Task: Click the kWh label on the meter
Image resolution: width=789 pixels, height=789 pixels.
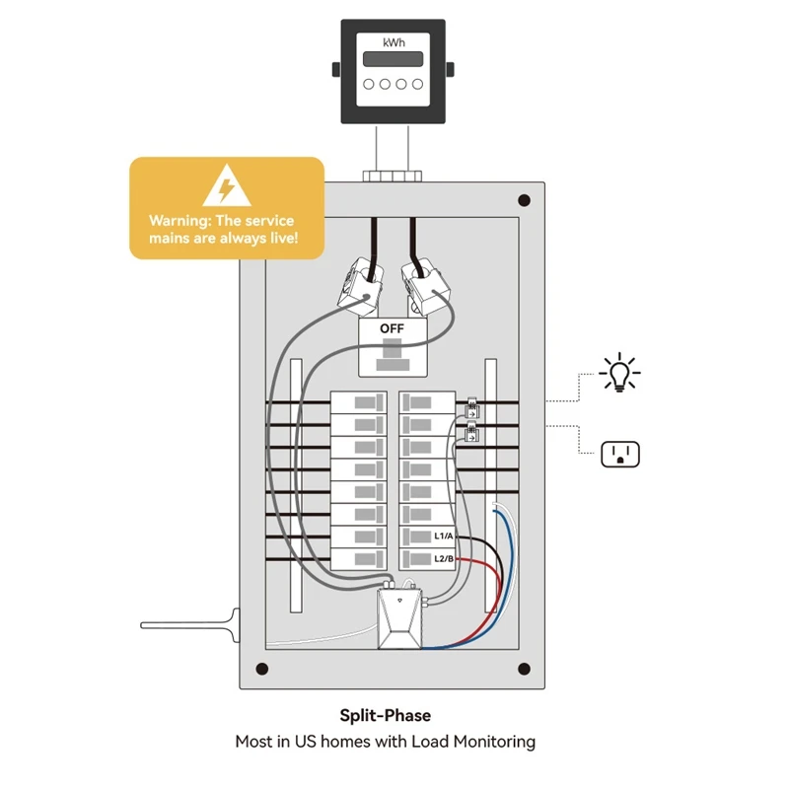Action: click(394, 41)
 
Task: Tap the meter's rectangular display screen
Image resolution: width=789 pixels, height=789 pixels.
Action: click(394, 58)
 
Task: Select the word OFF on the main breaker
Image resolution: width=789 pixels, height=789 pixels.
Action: click(392, 327)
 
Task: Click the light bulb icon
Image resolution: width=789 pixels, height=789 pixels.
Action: click(619, 374)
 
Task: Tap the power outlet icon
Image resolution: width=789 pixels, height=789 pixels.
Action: click(620, 454)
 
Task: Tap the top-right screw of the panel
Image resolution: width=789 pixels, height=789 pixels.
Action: click(524, 200)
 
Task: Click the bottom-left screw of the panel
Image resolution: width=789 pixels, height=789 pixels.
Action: click(261, 670)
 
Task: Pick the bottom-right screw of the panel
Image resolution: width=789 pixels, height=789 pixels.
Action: click(524, 670)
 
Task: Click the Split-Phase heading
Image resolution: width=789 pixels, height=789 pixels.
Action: click(386, 716)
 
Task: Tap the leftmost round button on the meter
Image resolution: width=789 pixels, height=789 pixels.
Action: click(368, 84)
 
